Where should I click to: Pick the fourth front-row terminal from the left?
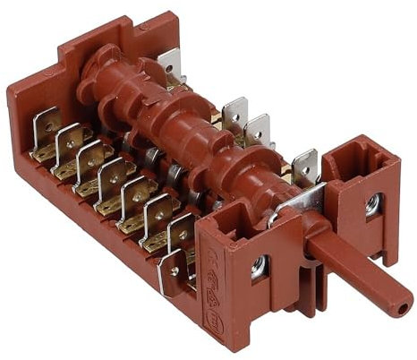(x=113, y=172)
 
